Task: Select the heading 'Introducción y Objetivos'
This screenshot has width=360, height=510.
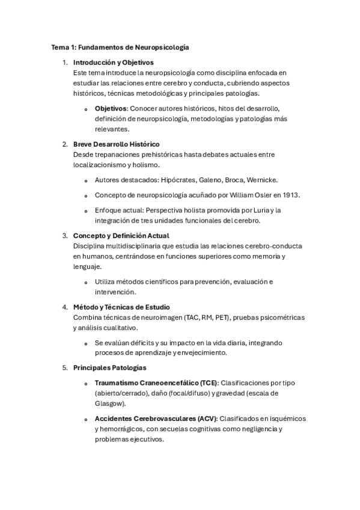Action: [x=113, y=62]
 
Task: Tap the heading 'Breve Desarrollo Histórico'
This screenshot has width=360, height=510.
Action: [x=116, y=144]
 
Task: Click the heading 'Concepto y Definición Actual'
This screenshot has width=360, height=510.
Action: [x=121, y=236]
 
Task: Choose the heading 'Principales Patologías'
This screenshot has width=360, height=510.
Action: [x=109, y=367]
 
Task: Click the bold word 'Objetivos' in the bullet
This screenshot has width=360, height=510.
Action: [x=111, y=108]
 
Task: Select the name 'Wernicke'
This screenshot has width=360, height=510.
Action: [x=260, y=180]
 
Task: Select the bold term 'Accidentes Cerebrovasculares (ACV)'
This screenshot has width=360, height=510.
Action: [x=156, y=418]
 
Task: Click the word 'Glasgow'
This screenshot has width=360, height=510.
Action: [x=109, y=404]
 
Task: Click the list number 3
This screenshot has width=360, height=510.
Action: [x=64, y=236]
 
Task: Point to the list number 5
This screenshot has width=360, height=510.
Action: [x=64, y=367]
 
